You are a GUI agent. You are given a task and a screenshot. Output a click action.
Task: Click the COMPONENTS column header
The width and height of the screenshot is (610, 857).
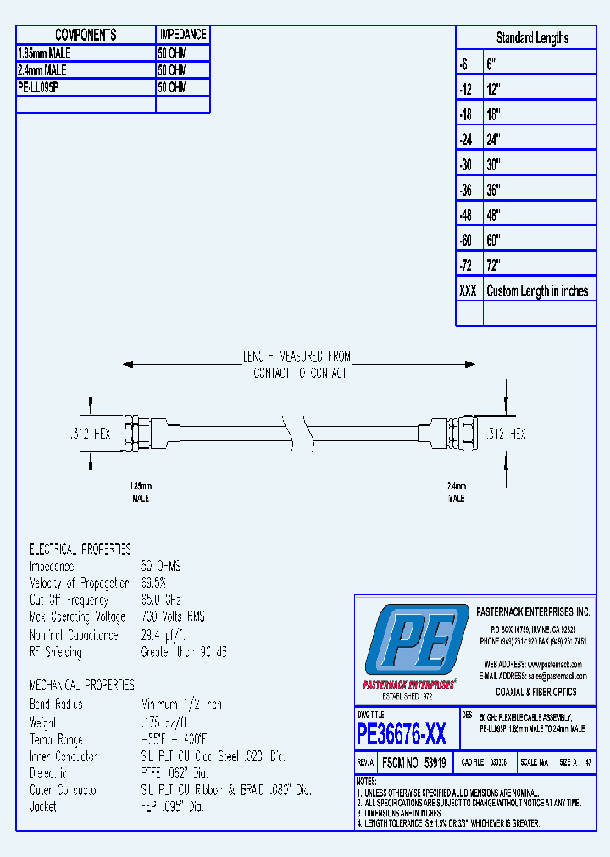click(x=86, y=35)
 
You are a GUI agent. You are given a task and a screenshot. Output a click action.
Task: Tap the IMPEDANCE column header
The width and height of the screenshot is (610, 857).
click(x=182, y=35)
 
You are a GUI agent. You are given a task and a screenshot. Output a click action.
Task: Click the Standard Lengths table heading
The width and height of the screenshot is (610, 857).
click(x=532, y=38)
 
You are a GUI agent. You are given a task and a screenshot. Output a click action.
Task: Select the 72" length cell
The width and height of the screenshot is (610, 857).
click(x=494, y=265)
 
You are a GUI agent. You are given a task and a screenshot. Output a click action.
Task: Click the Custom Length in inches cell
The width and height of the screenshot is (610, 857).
click(x=537, y=290)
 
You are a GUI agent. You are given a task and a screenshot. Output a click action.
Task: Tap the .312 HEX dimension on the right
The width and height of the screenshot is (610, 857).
click(x=507, y=433)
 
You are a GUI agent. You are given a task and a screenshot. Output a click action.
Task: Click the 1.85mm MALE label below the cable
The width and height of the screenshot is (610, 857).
click(x=140, y=492)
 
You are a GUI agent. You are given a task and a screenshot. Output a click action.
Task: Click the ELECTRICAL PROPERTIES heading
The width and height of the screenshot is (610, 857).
click(x=80, y=549)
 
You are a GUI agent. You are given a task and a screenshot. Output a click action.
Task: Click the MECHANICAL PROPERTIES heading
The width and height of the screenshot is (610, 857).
click(x=82, y=684)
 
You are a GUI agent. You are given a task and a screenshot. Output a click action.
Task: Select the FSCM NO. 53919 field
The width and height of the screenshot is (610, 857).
click(x=415, y=762)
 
